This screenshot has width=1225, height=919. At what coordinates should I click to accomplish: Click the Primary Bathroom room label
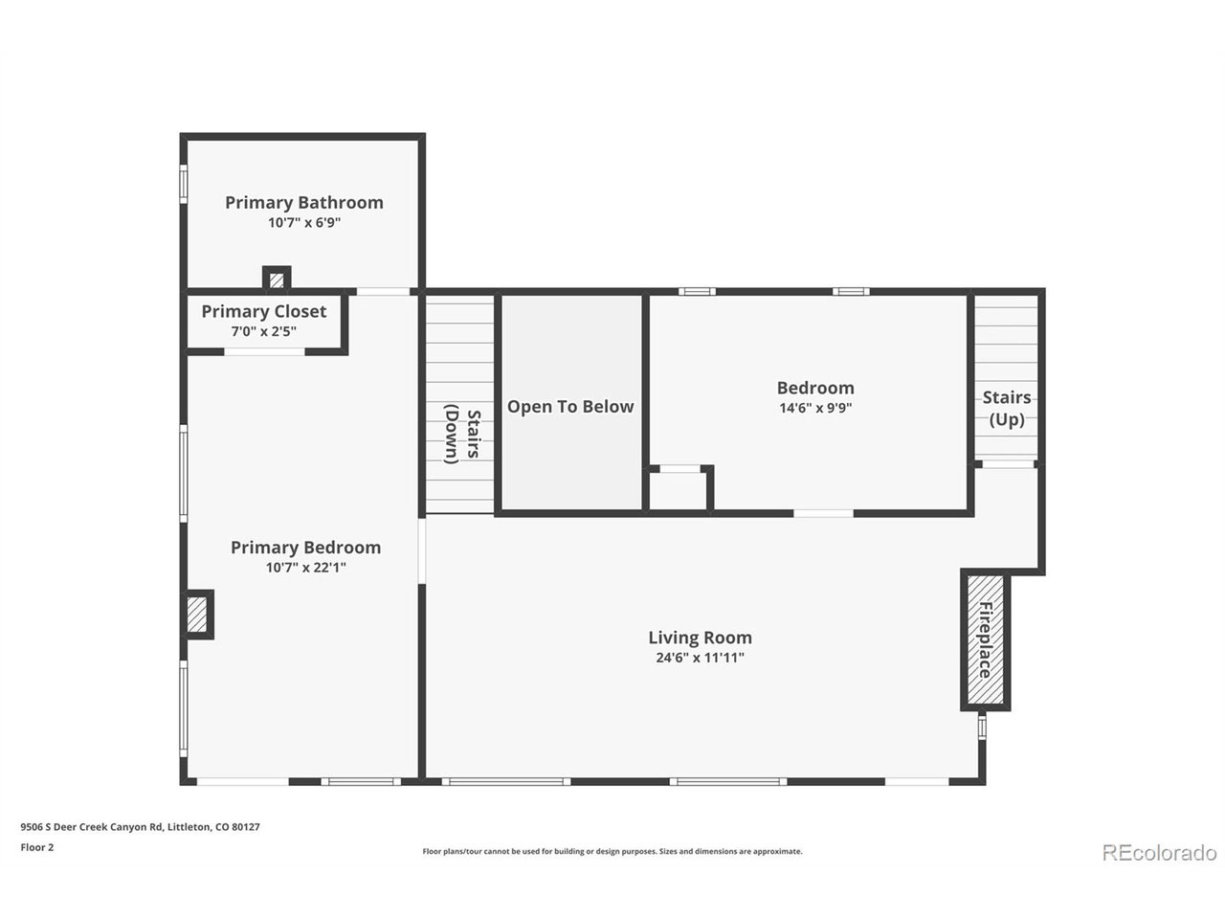tap(303, 202)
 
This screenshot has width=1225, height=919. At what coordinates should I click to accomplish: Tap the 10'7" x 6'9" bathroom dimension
tap(303, 223)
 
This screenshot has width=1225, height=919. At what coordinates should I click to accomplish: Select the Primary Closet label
tap(263, 311)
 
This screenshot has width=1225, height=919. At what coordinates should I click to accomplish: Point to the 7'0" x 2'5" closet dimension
tap(263, 331)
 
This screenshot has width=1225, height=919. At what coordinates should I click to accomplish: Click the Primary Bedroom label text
tap(305, 547)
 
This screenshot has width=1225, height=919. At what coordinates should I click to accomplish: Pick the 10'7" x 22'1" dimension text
tap(305, 568)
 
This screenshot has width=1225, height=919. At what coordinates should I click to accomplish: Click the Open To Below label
tap(569, 406)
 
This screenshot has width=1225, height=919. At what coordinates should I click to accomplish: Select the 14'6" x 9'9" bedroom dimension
tap(814, 408)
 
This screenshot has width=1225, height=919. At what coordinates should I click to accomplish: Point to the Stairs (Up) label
tap(1006, 408)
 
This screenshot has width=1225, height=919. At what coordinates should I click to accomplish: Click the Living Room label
tap(700, 637)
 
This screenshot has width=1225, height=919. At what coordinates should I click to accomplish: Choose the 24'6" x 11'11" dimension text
tap(700, 658)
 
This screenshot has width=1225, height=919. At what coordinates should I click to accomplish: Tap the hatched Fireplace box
tap(985, 639)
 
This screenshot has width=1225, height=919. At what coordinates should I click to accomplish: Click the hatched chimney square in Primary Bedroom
tap(197, 614)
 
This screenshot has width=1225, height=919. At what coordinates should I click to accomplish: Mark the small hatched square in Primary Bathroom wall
tap(277, 280)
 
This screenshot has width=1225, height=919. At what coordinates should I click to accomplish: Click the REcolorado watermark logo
tap(1159, 852)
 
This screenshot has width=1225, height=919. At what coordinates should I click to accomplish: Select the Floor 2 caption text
tap(37, 847)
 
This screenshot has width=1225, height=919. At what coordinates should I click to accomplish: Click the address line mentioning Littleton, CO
tap(140, 827)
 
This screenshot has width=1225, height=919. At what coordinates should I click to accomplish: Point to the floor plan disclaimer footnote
tap(612, 851)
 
